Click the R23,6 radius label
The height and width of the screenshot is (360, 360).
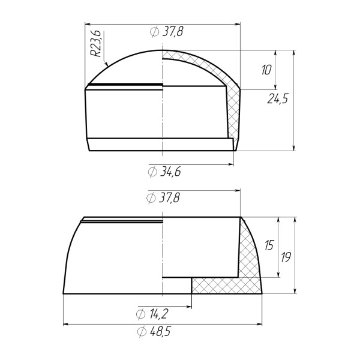pyautogui.click(x=95, y=43)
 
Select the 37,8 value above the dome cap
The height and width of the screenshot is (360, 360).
pyautogui.click(x=173, y=31)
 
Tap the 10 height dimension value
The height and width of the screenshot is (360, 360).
pyautogui.click(x=266, y=70)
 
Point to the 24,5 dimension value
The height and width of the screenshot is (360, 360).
pyautogui.click(x=277, y=99)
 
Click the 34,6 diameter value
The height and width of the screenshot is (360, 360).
pyautogui.click(x=170, y=172)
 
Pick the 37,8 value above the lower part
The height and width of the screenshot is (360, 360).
pyautogui.click(x=169, y=197)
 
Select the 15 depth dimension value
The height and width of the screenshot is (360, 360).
pyautogui.click(x=269, y=245)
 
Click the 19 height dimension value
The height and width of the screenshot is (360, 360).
pyautogui.click(x=286, y=257)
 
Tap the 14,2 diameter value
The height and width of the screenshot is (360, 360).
pyautogui.click(x=158, y=314)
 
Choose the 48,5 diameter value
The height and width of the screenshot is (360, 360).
pyautogui.click(x=161, y=331)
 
